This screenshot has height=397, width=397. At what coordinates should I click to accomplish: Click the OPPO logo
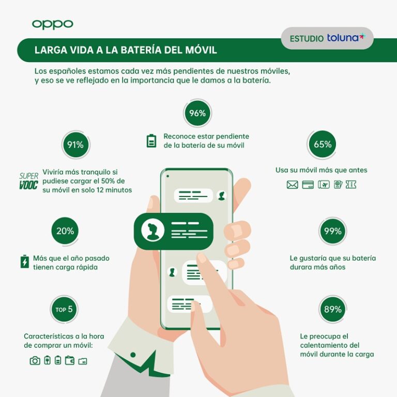pos(52,24)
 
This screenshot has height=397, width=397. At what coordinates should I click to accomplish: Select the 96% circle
pos(197,113)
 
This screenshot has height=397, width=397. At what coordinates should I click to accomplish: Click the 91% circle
pos(75,145)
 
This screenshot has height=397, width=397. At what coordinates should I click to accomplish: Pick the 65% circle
pos(323,144)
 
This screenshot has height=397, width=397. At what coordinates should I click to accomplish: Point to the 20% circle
pos(66,231)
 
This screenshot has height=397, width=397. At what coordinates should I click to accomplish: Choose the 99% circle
pos(332,231)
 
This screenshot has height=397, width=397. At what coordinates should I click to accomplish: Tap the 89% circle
pos(332,309)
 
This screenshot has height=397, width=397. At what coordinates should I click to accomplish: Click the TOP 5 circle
pos(65,310)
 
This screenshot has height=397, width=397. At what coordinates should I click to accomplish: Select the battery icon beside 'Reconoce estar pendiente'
pos(151,141)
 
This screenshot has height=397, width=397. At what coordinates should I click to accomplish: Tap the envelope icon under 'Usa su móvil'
pos(293,185)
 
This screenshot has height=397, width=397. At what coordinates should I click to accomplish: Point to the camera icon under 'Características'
pos(35,361)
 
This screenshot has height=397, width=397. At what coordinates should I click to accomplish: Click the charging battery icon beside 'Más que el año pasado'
pos(24,262)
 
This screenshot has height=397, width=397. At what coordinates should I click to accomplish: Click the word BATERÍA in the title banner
pos(149,50)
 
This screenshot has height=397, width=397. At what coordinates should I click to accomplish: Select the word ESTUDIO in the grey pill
pos(307,39)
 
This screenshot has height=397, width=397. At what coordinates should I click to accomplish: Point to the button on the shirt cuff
pos(133,355)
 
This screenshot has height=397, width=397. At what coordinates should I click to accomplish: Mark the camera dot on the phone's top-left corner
pos(167,176)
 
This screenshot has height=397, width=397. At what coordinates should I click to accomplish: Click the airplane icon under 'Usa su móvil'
pos(324,185)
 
